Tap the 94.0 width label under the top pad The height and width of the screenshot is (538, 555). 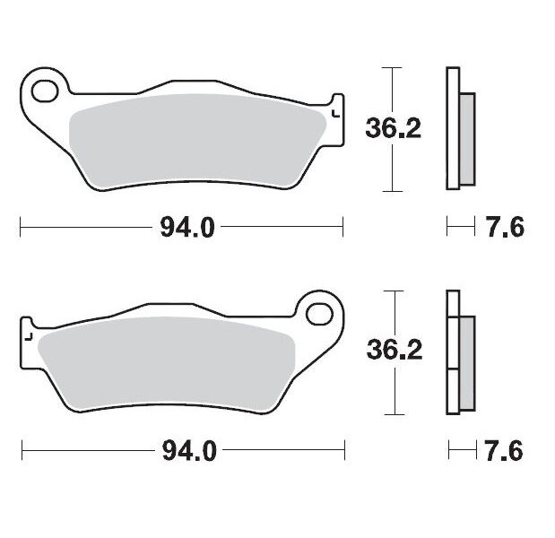pyautogui.click(x=187, y=228)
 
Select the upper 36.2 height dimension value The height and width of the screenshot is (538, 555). pyautogui.click(x=393, y=129)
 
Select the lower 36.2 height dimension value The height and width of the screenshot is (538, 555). pyautogui.click(x=393, y=351)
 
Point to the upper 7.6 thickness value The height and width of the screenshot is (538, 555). pyautogui.click(x=504, y=228)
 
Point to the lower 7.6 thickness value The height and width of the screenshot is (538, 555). pyautogui.click(x=504, y=451)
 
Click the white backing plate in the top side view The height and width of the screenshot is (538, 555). pyautogui.click(x=452, y=128)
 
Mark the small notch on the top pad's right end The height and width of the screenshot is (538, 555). pyautogui.click(x=335, y=113)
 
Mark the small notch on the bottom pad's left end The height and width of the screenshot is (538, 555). pyautogui.click(x=29, y=337)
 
